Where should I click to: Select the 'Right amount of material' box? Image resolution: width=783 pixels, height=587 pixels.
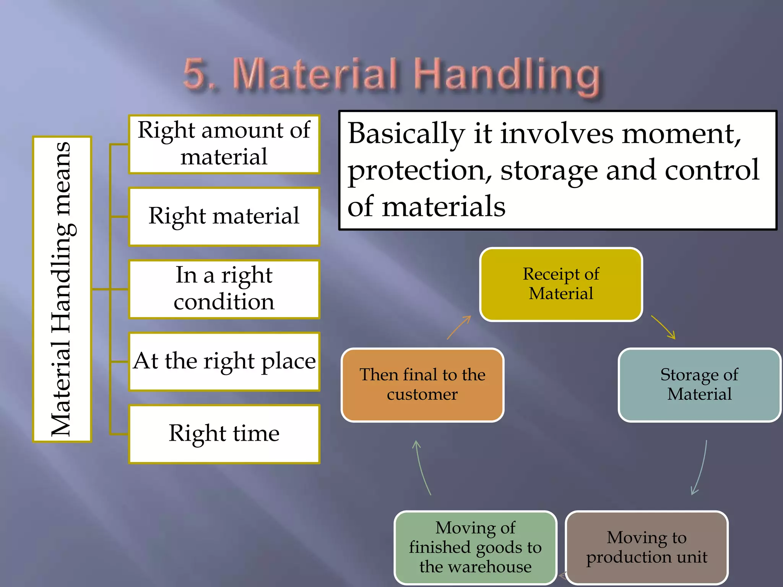coord(224,144)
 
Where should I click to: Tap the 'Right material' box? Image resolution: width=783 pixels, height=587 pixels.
coord(224,216)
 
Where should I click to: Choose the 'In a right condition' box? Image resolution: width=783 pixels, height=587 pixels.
coord(224,289)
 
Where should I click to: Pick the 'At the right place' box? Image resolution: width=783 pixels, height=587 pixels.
coord(224,362)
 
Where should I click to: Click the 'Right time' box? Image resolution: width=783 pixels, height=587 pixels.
coord(224,434)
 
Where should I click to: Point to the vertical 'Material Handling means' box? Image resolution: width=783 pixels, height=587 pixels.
coord(62,289)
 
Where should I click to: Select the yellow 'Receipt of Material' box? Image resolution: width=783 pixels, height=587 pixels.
coord(561,284)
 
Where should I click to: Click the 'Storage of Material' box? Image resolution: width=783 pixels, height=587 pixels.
coord(699,384)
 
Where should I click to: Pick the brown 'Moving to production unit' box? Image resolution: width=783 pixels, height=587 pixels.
coord(647,547)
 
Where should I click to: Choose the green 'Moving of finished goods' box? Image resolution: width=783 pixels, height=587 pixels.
coord(475,547)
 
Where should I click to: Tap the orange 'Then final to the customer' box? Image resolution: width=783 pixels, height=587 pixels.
coord(422,384)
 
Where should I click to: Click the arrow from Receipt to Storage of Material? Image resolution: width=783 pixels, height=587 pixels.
coord(664,327)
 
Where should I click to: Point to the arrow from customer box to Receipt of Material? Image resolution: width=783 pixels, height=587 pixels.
coord(459,328)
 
